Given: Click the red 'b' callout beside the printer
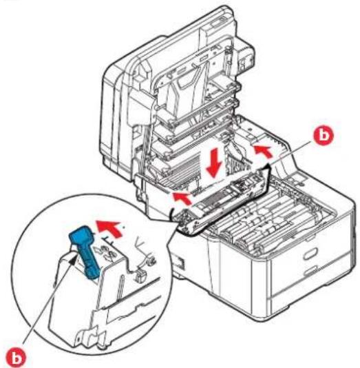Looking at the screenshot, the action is click(324, 136).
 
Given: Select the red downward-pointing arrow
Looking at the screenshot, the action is click(214, 163).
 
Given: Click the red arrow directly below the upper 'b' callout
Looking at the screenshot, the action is click(264, 151).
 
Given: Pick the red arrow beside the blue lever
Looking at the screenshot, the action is click(111, 228).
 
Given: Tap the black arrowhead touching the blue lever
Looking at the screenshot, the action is click(74, 260).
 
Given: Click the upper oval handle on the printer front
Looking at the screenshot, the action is click(310, 254).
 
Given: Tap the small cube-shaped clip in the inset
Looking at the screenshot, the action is click(138, 276).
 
